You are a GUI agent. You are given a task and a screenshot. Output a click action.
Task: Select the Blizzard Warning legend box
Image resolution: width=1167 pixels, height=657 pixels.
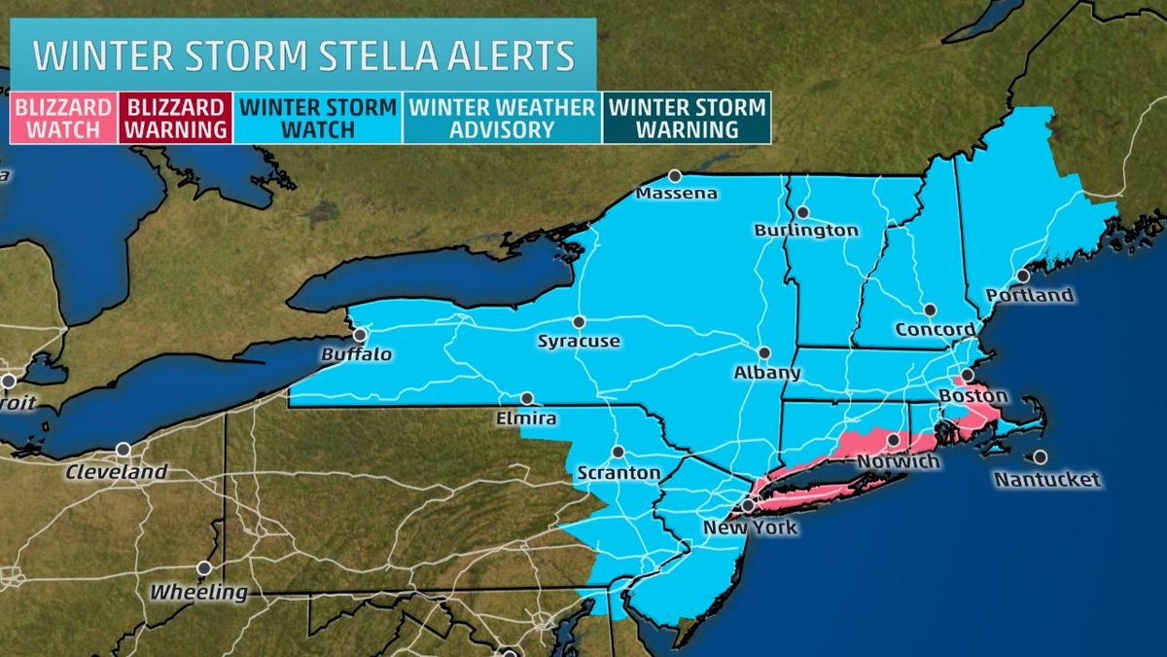(x=177, y=118)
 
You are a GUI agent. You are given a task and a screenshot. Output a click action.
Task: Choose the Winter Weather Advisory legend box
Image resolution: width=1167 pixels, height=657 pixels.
(x=502, y=118)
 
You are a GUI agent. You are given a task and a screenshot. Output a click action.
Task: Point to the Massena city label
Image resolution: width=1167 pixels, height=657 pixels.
(x=676, y=193)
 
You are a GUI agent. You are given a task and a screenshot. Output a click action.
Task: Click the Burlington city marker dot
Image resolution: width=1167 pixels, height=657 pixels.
(x=803, y=212)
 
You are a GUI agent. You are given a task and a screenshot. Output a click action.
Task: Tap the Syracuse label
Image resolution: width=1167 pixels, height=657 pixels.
(x=580, y=341)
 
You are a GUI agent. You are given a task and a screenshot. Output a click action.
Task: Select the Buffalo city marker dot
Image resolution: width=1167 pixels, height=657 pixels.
(x=361, y=334)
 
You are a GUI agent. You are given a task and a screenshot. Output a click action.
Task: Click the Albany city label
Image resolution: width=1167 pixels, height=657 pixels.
(x=768, y=372)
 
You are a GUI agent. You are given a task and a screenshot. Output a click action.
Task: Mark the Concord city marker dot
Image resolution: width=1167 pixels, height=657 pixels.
(x=930, y=310)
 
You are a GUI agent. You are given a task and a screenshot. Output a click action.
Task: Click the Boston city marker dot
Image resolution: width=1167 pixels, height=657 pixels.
(x=968, y=376)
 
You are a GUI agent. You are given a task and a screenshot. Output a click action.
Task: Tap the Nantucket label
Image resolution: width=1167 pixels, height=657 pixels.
(x=1047, y=479)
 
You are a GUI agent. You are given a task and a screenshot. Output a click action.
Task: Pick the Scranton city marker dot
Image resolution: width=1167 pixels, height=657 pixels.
(x=618, y=452)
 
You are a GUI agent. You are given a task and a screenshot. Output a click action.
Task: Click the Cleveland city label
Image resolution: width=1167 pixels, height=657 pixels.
(x=118, y=471)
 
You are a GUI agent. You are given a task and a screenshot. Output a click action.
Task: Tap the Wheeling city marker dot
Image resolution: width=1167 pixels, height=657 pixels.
(x=203, y=568)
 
